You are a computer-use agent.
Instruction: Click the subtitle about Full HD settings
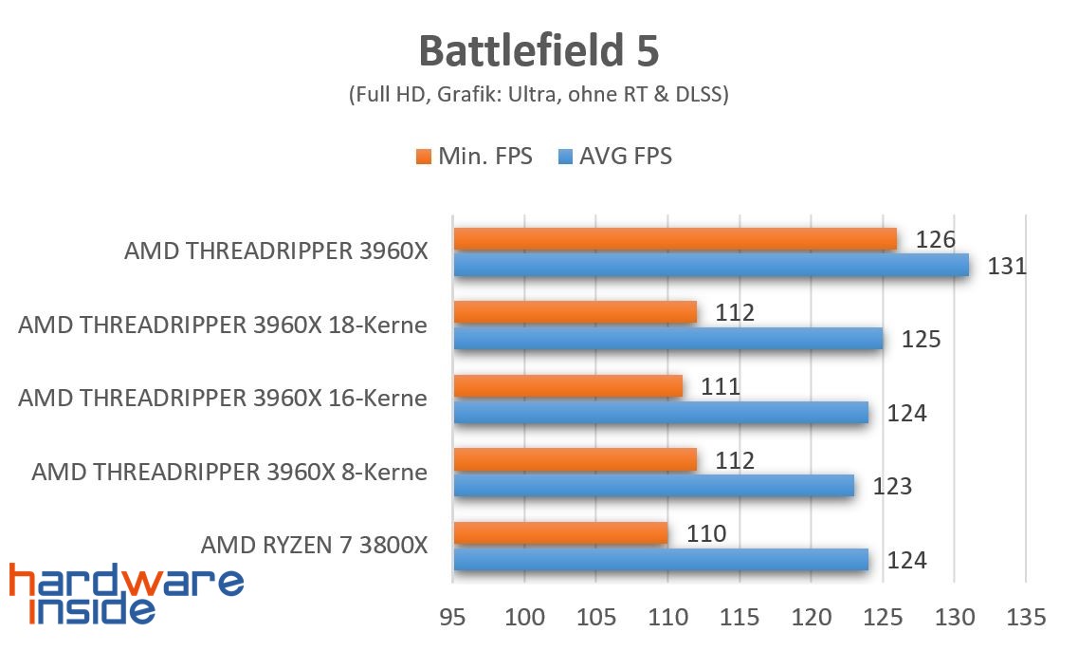point(539,95)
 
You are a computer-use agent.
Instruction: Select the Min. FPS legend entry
point(474,156)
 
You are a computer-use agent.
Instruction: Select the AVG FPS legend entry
point(615,156)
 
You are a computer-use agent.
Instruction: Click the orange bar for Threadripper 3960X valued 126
point(675,239)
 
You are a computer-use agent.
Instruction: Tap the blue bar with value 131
point(711,265)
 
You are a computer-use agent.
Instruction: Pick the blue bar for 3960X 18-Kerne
point(668,338)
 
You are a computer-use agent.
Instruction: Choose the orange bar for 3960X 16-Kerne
point(568,386)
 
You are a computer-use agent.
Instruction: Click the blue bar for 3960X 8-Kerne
point(654,486)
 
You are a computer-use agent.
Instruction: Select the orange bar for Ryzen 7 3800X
point(560,533)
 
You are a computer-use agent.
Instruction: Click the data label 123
point(892,487)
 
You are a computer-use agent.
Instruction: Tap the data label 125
point(921,339)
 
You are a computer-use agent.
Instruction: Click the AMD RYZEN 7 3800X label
point(314,546)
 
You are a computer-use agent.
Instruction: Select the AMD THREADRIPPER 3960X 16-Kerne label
point(223,399)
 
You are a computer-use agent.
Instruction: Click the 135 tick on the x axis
point(1026,618)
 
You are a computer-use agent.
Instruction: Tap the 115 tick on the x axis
point(740,618)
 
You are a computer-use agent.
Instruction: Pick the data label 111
point(720,386)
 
